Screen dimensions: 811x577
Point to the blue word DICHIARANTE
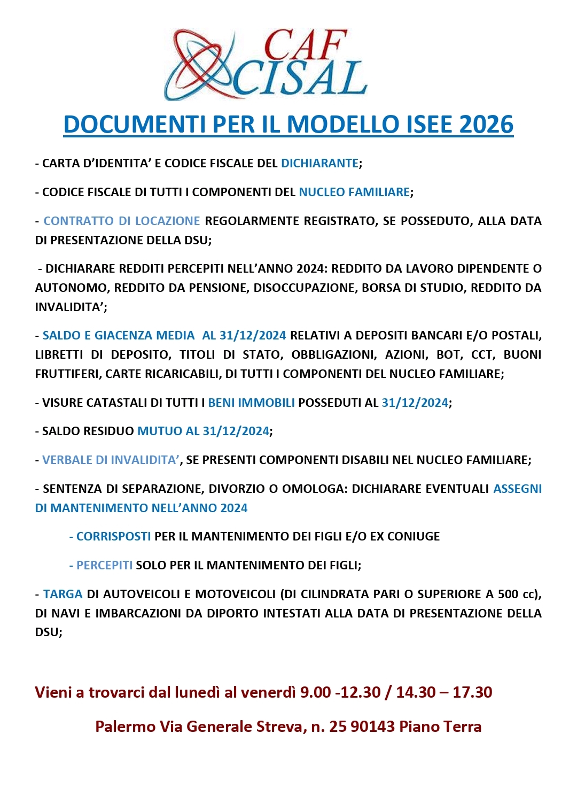[319, 163]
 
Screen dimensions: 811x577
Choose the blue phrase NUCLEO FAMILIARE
[354, 192]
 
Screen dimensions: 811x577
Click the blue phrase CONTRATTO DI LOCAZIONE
[122, 221]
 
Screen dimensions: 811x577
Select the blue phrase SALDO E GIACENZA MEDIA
[119, 335]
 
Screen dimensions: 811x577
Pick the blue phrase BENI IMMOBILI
[251, 403]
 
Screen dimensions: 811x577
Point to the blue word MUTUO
[160, 431]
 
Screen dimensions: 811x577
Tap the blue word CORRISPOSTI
[113, 536]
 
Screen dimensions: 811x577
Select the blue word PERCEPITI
[104, 565]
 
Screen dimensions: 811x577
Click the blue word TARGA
[63, 594]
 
